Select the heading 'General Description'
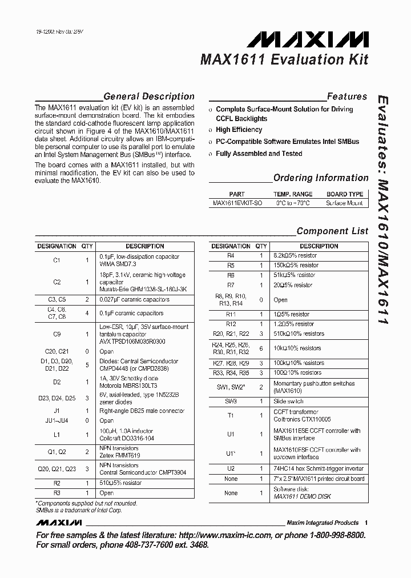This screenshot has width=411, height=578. click(148, 97)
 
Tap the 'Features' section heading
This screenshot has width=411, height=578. click(346, 97)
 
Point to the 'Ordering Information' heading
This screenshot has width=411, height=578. click(321, 178)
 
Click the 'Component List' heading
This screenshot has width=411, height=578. click(332, 231)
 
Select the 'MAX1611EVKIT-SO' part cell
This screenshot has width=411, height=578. click(237, 203)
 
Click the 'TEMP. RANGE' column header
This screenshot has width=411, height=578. click(293, 194)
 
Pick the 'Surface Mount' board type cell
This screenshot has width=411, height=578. click(344, 203)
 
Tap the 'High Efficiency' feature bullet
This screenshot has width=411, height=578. click(239, 130)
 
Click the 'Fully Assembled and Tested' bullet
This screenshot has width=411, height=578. click(259, 154)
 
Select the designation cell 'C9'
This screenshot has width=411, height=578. click(57, 334)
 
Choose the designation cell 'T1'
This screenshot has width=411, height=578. click(231, 415)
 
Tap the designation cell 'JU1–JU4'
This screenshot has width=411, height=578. click(57, 420)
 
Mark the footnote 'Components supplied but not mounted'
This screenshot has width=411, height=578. click(86, 503)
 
